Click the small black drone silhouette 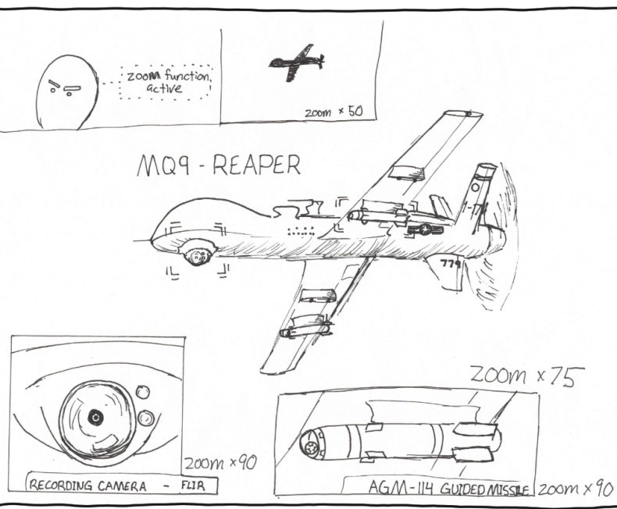coord(295,62)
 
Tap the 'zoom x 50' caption coord(333,112)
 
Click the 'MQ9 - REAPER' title coord(218,166)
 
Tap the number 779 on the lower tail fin coord(451,264)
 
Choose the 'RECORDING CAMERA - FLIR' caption coord(121,486)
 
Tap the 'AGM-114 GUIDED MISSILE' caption coord(451,490)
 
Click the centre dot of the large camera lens coord(95,418)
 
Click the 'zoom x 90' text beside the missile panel coord(576,490)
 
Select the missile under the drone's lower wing coord(305,329)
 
